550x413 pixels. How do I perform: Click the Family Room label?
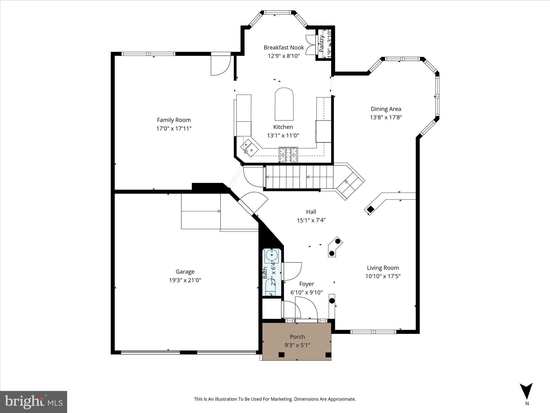pos(174,120)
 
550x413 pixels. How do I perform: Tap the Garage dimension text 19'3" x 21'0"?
pos(185,280)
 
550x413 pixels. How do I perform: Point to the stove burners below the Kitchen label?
pos(288,155)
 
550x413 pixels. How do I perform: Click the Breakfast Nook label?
pos(284,48)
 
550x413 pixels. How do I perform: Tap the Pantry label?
pos(321,44)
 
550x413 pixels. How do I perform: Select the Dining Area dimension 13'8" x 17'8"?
pos(386,117)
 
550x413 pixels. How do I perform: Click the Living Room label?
pos(383,268)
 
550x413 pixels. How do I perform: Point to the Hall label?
pos(311,212)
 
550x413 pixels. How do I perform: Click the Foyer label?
pos(306,284)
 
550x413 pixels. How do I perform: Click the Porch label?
pos(297,337)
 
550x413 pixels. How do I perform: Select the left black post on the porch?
pos(281,355)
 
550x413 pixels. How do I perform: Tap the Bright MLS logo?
pos(34,402)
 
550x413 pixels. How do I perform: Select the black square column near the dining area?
pos(371,209)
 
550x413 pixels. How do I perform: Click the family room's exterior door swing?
pos(221,65)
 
